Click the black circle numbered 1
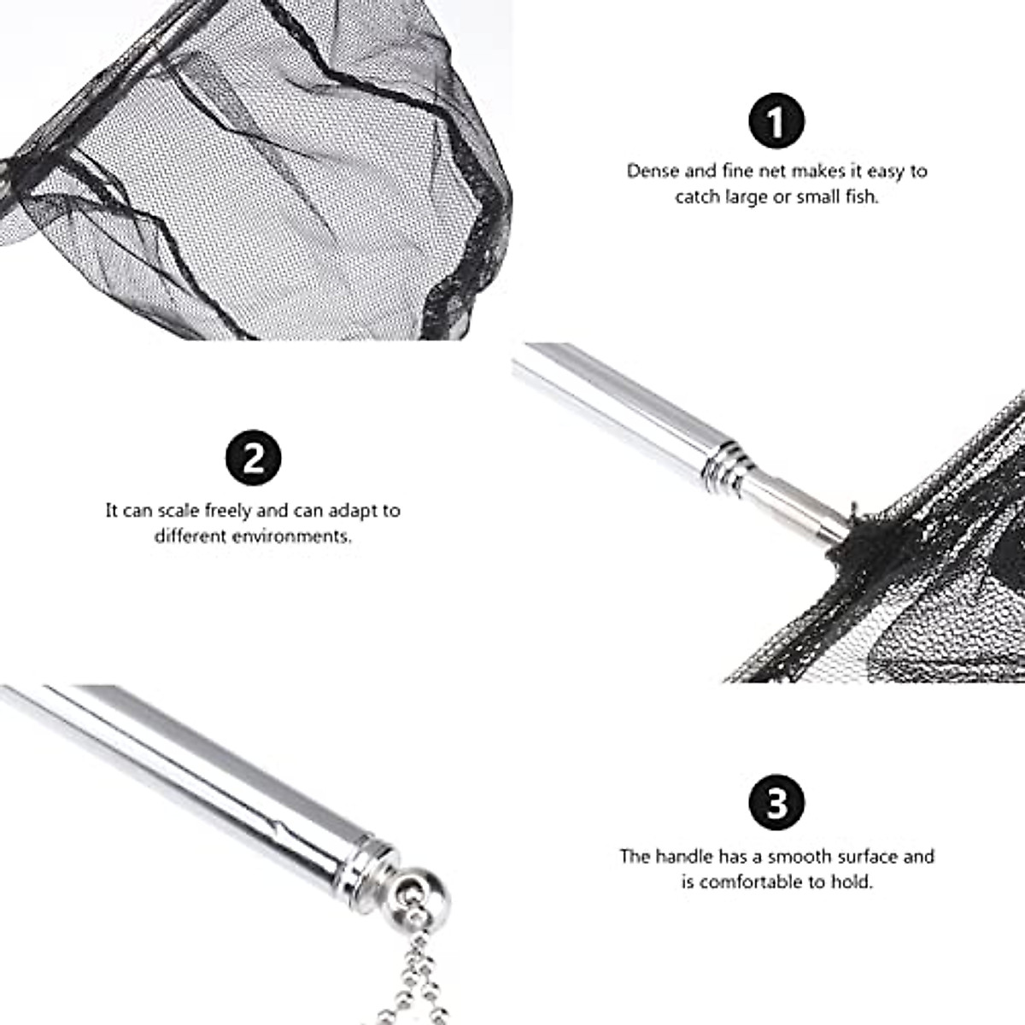pos(776,122)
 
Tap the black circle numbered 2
pos(253,459)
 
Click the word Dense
pos(653,171)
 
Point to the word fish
pos(859,196)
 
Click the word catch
pos(697,196)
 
